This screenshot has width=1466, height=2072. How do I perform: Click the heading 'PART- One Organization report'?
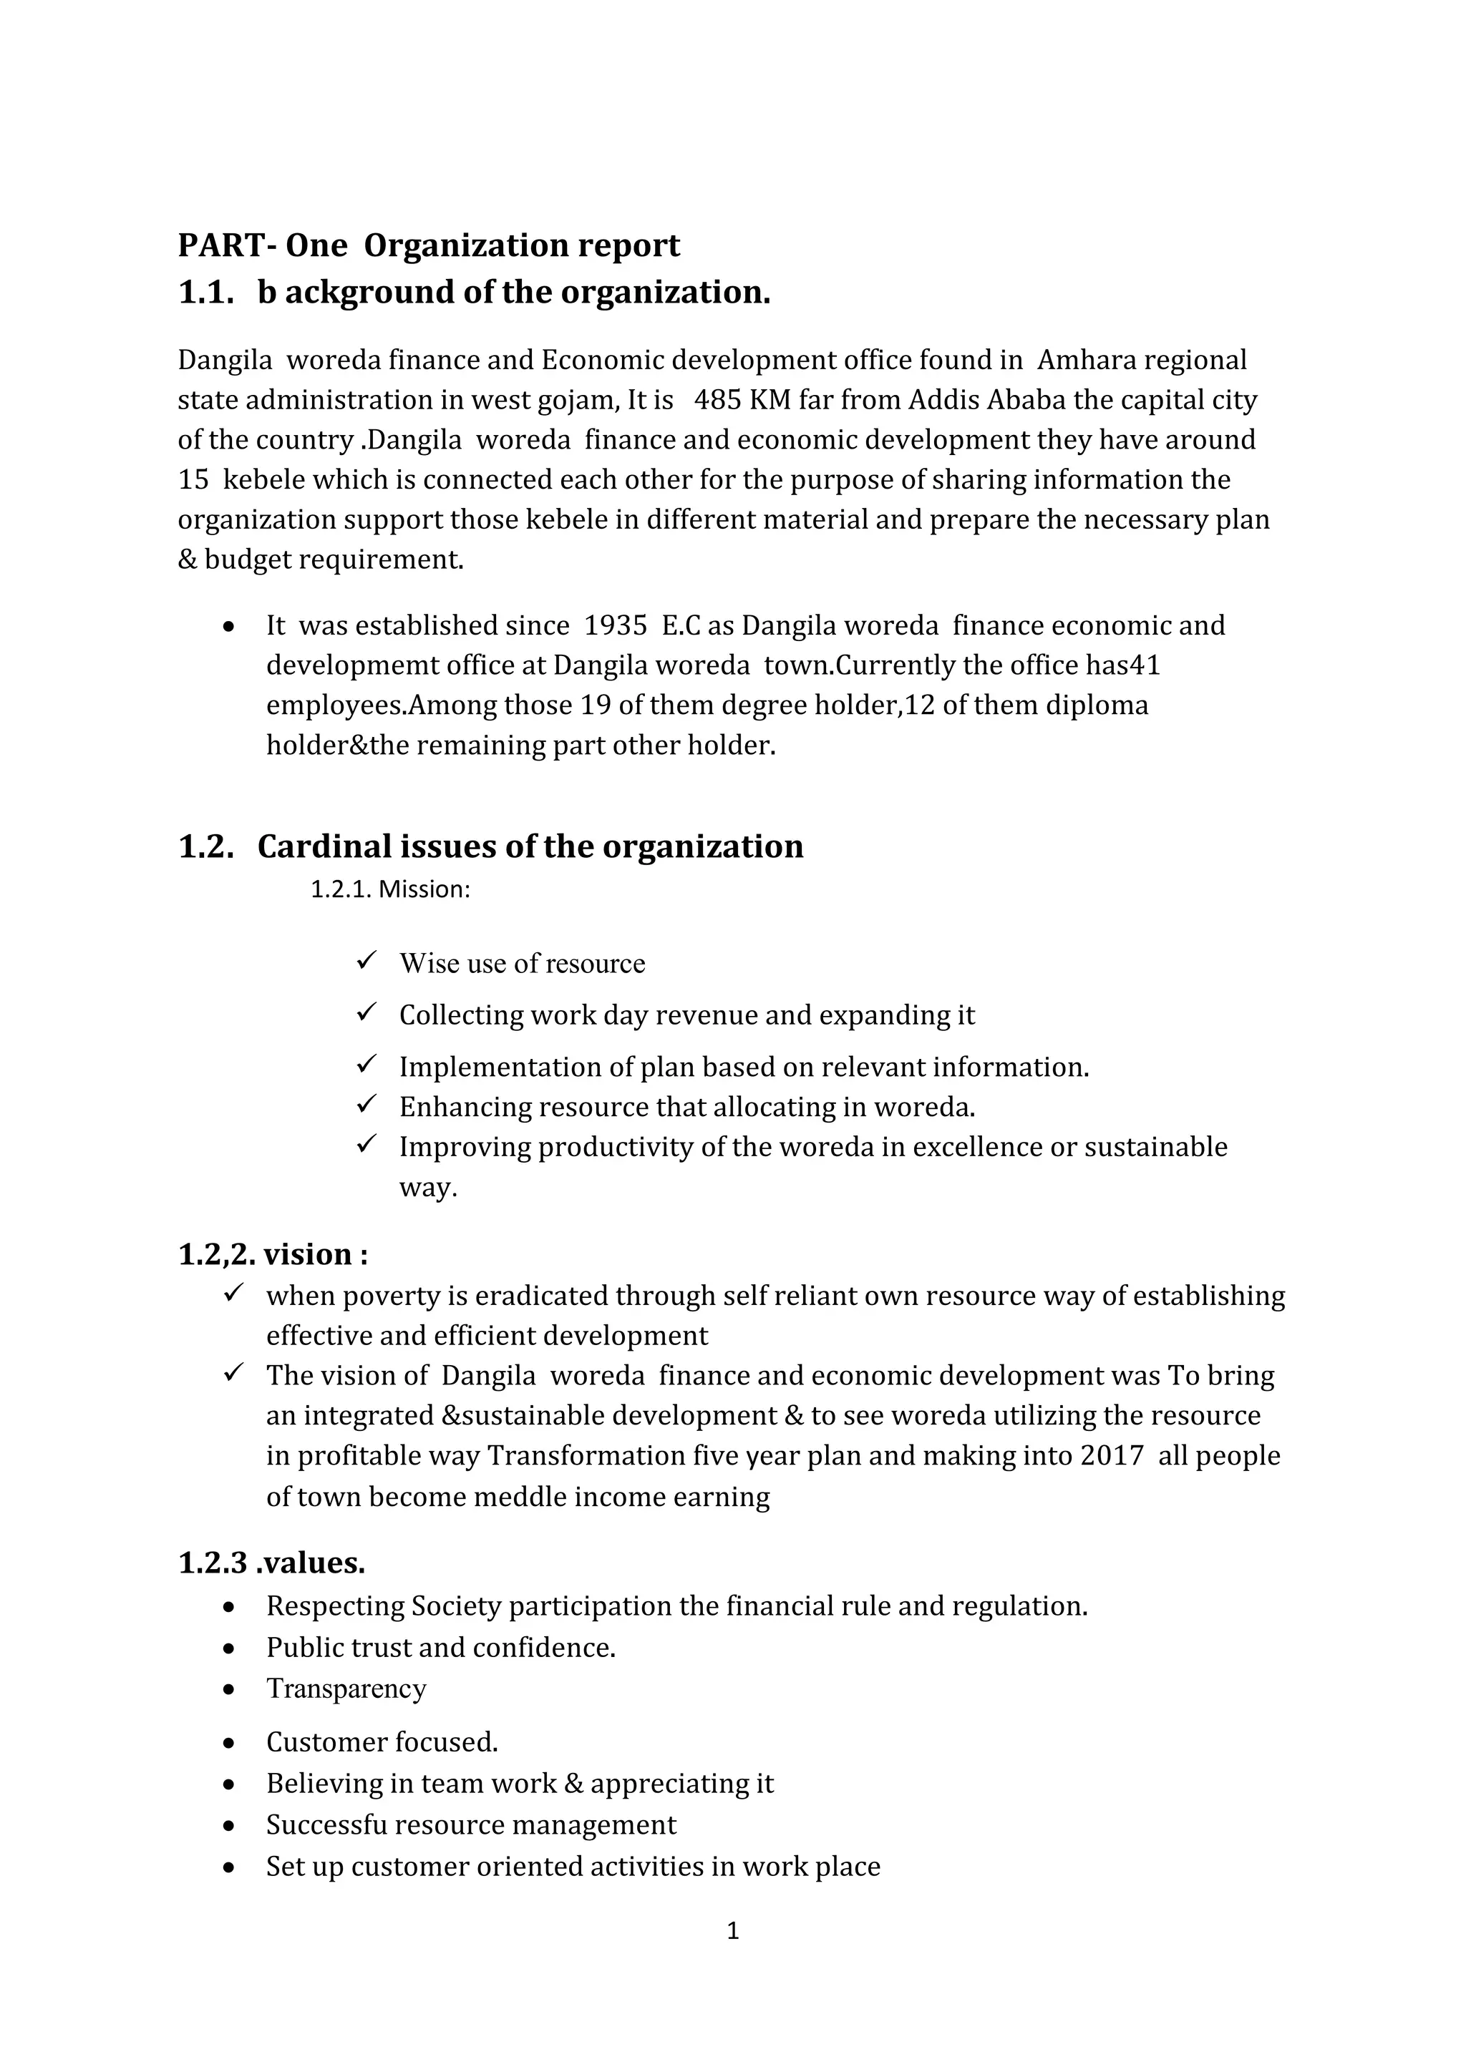coord(429,245)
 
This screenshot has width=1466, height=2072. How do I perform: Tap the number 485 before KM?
coord(718,400)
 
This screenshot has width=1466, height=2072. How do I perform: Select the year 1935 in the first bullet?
coord(616,625)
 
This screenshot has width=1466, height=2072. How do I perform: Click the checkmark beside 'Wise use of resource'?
coord(366,961)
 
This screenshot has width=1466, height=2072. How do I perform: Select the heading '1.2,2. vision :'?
coord(273,1254)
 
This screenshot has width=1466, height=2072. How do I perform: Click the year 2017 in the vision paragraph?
coord(1111,1457)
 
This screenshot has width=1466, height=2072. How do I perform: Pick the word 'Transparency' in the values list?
coord(346,1689)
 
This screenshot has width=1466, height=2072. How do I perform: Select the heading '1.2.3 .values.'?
coord(272,1562)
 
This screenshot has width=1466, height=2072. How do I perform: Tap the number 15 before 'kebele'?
coord(193,479)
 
